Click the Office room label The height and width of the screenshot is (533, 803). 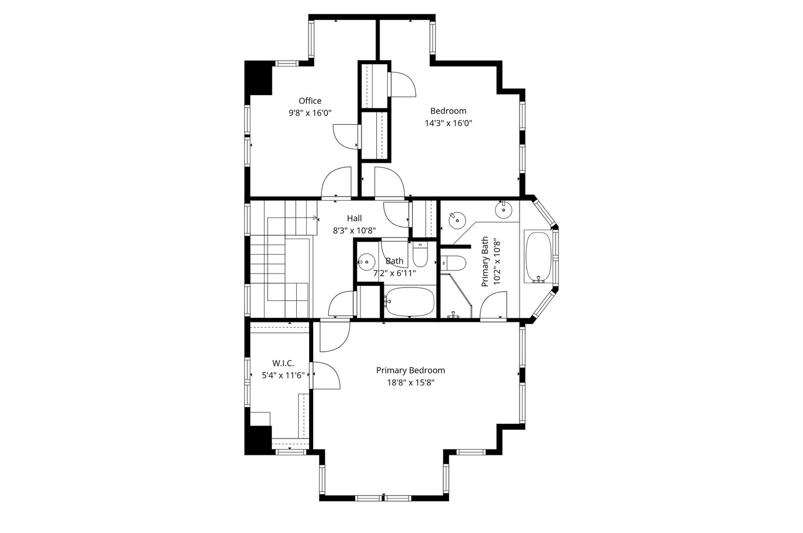tap(310, 101)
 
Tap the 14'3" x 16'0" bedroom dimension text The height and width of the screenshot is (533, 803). tap(448, 123)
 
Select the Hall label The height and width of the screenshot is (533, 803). tap(354, 218)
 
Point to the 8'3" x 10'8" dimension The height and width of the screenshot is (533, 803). tap(354, 230)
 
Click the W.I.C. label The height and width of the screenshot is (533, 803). tap(283, 363)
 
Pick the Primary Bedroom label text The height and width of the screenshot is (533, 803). tap(411, 370)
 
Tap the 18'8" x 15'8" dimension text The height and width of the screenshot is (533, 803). tap(411, 383)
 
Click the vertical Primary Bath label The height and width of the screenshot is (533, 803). tap(485, 261)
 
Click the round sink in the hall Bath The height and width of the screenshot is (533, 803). tap(366, 262)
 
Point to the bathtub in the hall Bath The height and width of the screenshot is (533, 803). tap(410, 302)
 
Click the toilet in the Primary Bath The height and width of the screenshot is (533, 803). tap(453, 263)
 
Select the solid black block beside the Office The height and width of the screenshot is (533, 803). tap(258, 78)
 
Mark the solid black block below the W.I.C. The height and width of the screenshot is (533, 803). tap(258, 440)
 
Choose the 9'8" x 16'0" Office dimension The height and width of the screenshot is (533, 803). tap(310, 113)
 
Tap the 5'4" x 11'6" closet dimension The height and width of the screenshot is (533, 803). tap(283, 376)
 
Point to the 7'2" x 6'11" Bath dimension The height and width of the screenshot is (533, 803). tap(394, 273)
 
